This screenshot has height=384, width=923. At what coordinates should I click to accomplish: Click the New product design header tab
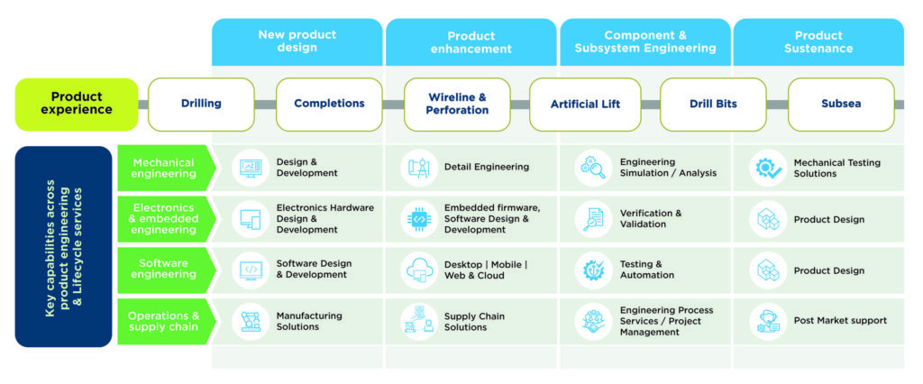tap(297, 41)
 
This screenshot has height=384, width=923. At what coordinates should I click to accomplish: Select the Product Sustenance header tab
tap(818, 41)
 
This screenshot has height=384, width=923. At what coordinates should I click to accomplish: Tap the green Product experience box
tap(77, 104)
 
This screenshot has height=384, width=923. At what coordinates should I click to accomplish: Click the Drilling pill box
tap(201, 104)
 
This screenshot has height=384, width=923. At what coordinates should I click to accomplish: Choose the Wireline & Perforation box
tap(457, 104)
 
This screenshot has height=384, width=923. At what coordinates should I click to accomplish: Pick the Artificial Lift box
tap(586, 104)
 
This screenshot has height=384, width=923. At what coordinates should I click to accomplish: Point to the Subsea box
tap(841, 104)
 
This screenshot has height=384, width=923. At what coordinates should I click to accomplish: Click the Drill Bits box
tap(713, 104)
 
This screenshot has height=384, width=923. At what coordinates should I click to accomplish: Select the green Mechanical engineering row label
tap(164, 168)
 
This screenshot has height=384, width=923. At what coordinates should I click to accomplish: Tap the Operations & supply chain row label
tap(164, 322)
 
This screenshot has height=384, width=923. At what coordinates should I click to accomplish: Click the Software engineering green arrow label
tap(164, 270)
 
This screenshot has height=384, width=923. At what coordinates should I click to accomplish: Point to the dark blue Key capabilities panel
tap(63, 246)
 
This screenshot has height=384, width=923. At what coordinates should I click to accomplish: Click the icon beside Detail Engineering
tap(419, 168)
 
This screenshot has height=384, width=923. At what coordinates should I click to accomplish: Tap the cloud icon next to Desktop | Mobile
tap(419, 270)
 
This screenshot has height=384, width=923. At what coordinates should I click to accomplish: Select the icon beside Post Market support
tap(768, 322)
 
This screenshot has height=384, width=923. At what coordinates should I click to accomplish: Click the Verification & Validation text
tap(651, 219)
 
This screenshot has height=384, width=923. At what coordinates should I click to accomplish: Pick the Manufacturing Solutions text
tap(309, 322)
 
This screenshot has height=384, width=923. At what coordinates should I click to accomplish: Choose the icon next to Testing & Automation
tap(594, 270)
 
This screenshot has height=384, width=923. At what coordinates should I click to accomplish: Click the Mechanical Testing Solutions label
tap(836, 169)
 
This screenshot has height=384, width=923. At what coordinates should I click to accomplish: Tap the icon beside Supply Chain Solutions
tap(419, 322)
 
